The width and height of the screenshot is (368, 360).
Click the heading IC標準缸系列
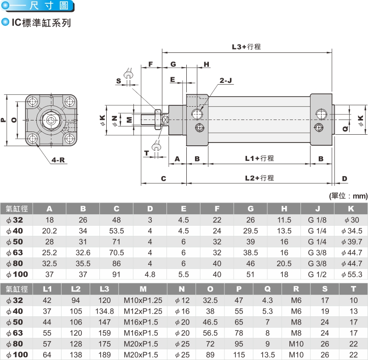[41, 22]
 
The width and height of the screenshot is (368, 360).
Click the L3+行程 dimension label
[246, 46]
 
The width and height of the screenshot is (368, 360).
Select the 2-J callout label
[225, 80]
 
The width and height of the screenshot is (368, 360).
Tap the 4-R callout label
[58, 160]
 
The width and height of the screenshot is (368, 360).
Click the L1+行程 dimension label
[259, 158]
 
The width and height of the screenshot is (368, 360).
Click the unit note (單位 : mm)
[348, 196]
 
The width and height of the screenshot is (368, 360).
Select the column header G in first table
[251, 208]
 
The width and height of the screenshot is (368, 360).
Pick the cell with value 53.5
[116, 230]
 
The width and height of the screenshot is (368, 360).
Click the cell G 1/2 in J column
[317, 274]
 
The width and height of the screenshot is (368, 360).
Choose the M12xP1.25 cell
[143, 311]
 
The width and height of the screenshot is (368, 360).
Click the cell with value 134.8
[104, 311]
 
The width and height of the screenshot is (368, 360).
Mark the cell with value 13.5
[267, 355]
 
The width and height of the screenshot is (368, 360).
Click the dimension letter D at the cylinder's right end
[345, 178]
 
